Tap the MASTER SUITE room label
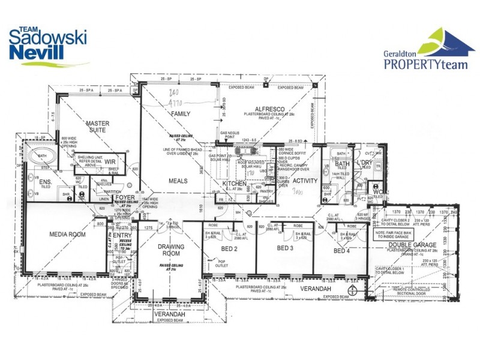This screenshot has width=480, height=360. [97, 127]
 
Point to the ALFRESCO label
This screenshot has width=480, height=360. [268, 109]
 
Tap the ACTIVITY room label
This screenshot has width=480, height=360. [305, 181]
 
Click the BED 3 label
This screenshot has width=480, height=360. [286, 248]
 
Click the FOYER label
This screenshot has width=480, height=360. [125, 197]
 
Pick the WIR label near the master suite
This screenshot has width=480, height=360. [110, 161]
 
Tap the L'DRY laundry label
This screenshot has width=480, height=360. [365, 163]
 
